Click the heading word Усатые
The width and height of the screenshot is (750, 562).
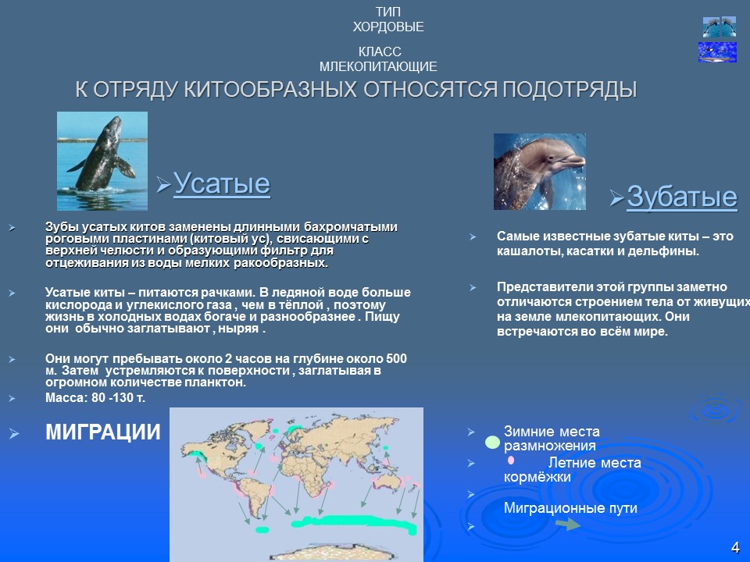221,184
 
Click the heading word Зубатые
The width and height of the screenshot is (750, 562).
682,197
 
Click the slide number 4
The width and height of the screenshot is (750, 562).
734,546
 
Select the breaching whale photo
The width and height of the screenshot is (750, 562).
102,161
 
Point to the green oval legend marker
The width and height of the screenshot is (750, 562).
492,443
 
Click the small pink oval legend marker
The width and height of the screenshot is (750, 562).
510,461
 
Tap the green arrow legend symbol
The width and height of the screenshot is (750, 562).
567,525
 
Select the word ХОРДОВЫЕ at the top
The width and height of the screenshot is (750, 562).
388,27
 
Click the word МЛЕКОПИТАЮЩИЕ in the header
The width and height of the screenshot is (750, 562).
378,67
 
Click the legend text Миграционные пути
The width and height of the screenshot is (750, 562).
570,508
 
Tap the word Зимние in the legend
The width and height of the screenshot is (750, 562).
530,432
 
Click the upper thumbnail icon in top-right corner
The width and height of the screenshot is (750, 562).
719,27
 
